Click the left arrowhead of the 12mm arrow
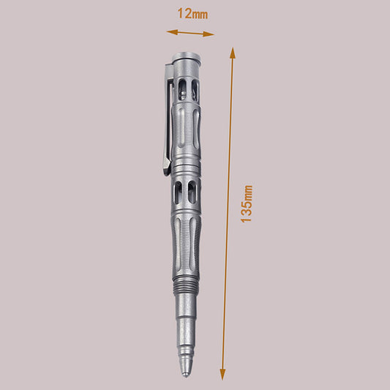[x=170, y=31]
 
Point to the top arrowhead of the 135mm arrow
[x=233, y=52]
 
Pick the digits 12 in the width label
[x=184, y=13]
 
